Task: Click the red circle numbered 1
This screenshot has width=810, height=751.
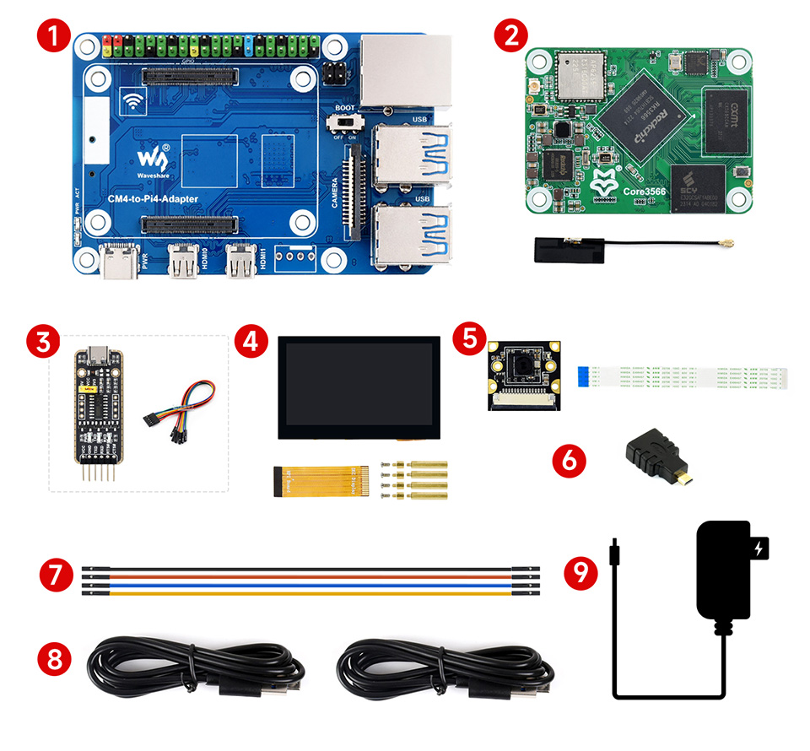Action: coord(53,38)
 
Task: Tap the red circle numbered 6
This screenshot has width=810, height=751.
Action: coord(568,460)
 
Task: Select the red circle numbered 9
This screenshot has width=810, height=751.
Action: coord(580,573)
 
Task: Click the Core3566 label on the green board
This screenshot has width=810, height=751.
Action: coord(645,192)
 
